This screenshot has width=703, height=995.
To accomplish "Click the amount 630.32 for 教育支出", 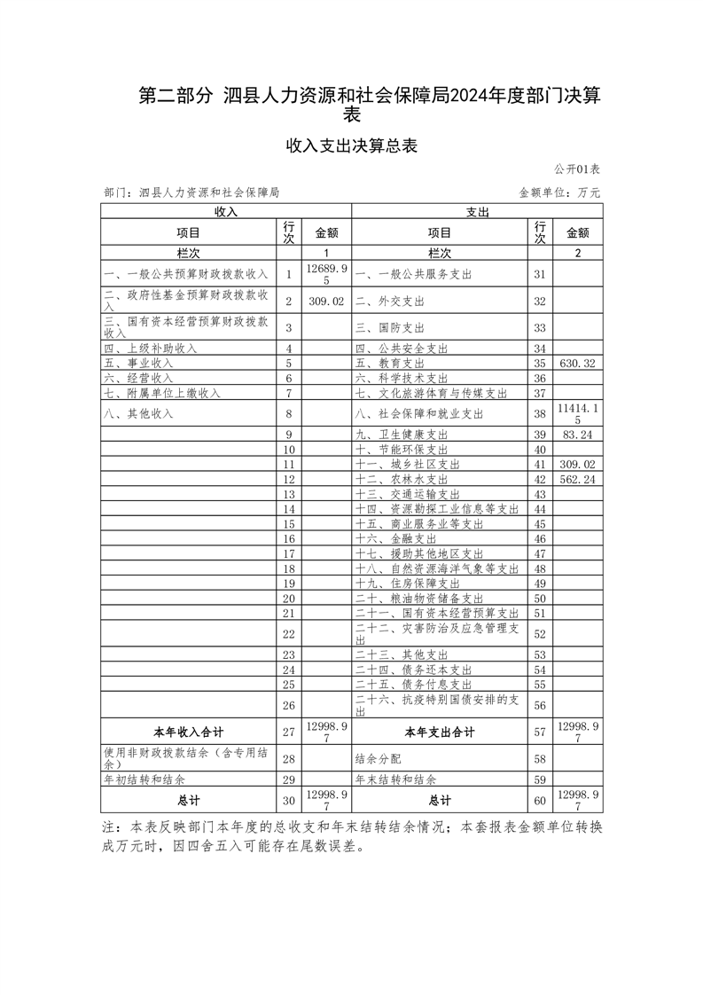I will [x=577, y=364].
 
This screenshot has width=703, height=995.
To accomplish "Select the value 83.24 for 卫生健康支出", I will [x=577, y=435].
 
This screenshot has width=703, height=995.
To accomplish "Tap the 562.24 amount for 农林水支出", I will [x=577, y=479].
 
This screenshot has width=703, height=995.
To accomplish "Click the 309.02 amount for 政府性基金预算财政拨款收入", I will [x=326, y=302].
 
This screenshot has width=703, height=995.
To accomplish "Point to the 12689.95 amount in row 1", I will [x=326, y=273].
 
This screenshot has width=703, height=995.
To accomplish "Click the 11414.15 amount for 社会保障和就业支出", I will [x=577, y=413].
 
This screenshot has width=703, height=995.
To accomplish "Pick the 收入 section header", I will [x=226, y=212].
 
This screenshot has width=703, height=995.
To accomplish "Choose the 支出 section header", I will [x=478, y=212].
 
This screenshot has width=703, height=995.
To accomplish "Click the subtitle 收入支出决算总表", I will [x=351, y=146].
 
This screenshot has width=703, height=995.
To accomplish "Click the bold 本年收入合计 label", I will [x=188, y=733].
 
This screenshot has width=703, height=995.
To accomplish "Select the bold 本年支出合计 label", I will [x=440, y=733].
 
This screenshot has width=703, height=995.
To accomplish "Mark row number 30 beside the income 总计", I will [x=288, y=799].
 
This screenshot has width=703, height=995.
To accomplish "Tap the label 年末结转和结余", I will [x=395, y=780].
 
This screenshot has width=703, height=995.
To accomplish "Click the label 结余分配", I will [x=378, y=759].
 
